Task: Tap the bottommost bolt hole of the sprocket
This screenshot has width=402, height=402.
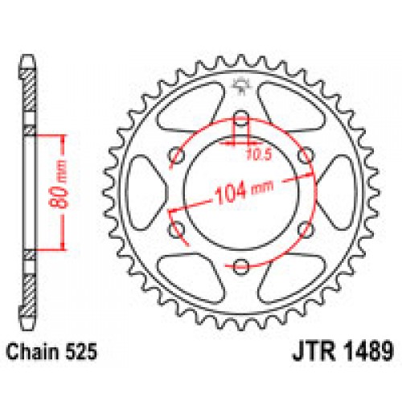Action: click(x=240, y=265)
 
